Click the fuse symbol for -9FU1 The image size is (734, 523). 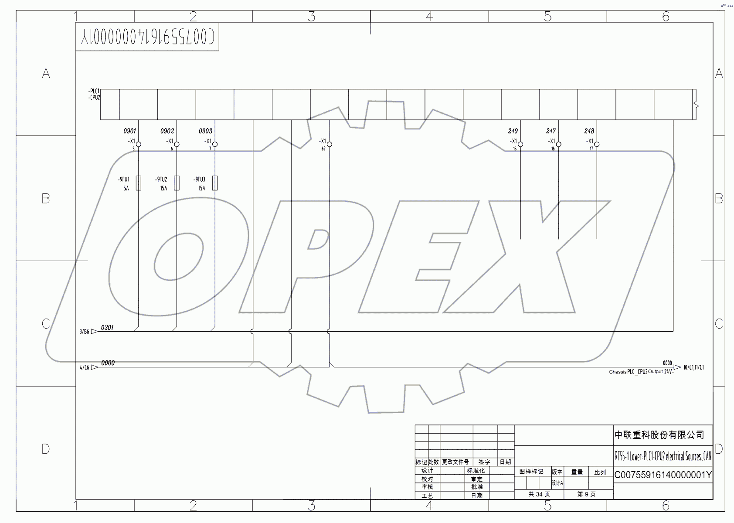[x=139, y=183]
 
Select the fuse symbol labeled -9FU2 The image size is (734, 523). [x=177, y=183]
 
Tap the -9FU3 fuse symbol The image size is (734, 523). [x=215, y=183]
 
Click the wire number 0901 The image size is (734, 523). [x=129, y=131]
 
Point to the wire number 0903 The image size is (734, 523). [x=205, y=131]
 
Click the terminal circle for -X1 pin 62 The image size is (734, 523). [x=330, y=144]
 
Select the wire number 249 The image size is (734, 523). [x=513, y=131]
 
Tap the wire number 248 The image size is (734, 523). [x=589, y=131]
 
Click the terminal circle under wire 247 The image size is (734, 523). [x=559, y=144]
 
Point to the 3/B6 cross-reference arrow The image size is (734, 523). [x=95, y=331]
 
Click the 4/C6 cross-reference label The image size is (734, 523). [x=84, y=367]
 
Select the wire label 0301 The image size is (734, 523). [x=107, y=327]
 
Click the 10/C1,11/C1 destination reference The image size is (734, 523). [x=693, y=367]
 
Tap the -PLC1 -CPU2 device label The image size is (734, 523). [x=94, y=95]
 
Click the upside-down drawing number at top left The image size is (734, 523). [x=147, y=37]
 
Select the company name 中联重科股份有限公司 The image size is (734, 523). [x=659, y=435]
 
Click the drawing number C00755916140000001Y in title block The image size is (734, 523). [x=663, y=475]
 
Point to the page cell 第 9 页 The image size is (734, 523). [x=586, y=494]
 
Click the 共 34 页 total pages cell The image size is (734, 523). [x=539, y=494]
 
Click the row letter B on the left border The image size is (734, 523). [x=46, y=199]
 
